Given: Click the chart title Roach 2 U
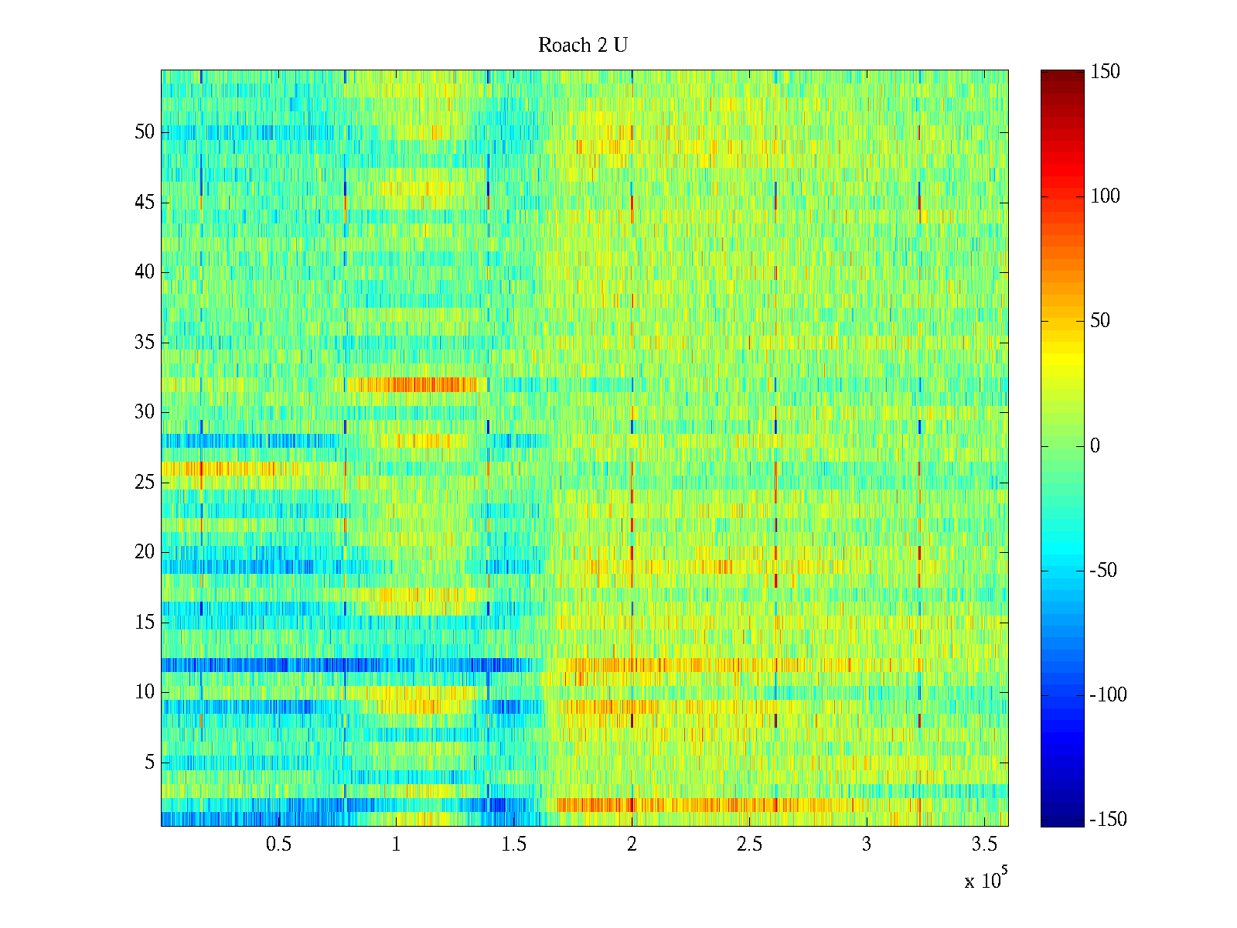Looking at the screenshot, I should pos(582,46).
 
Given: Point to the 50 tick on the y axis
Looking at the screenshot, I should pos(145,132).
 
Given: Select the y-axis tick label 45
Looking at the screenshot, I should pos(145,203).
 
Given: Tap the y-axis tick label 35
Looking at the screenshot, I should pos(145,343).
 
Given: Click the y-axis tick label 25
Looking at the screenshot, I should pos(145,483).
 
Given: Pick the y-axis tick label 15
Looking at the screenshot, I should pos(145,623).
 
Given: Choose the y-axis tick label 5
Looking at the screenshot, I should pos(149,763).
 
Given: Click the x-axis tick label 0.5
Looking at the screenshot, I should pos(278,844).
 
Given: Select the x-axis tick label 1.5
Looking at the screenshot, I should pos(513,844).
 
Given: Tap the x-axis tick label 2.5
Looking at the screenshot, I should pos(749,844).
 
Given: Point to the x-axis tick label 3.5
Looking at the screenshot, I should pos(984,844).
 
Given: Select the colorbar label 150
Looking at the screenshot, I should pos(1105,72).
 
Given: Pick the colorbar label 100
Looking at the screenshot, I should pos(1105,196).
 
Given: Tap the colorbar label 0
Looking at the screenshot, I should pos(1095,446).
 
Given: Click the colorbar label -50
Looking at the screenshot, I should pos(1103,571).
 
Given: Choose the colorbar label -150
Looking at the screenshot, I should pos(1108,820).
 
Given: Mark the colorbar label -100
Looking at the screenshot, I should pos(1108,695).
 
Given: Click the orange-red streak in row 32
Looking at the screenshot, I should pos(417,384).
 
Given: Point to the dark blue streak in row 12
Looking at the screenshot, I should pos(232,665).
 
